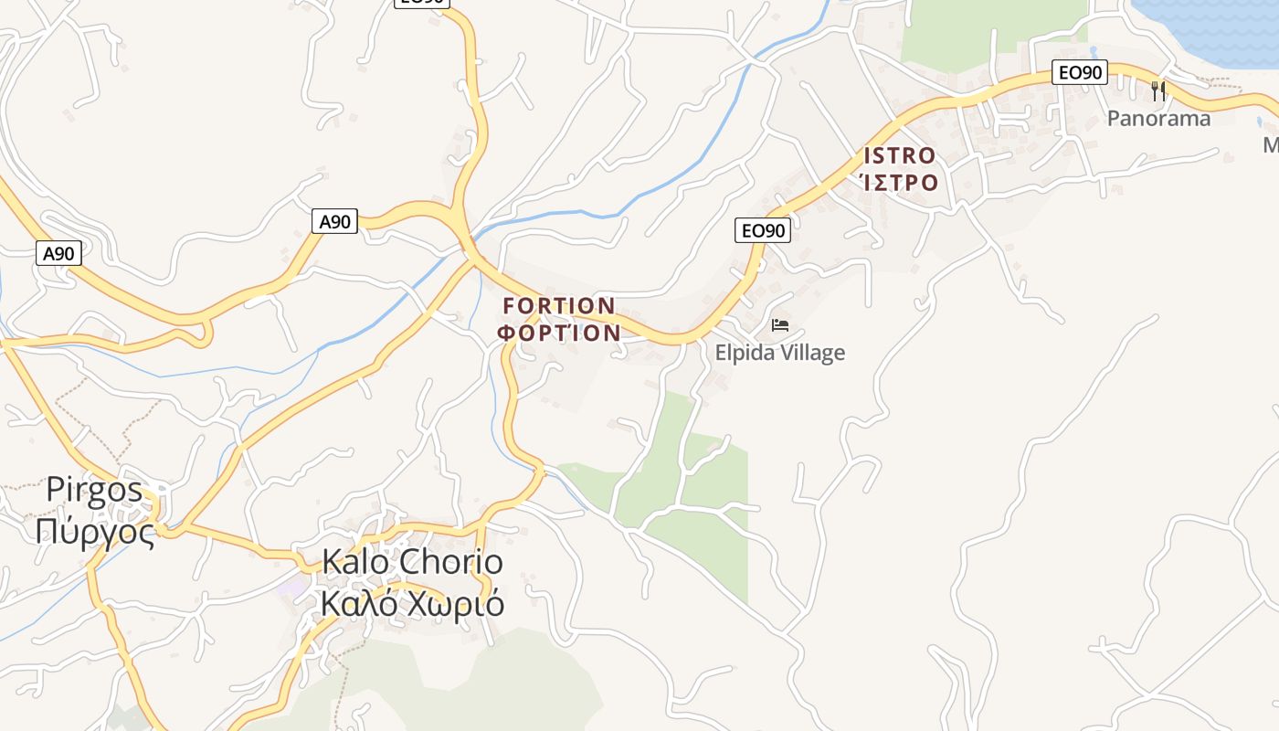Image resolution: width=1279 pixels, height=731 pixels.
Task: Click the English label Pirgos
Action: (x=95, y=491)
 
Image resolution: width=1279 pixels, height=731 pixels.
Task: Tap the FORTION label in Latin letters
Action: (x=559, y=305)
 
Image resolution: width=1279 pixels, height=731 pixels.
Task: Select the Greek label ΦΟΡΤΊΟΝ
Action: (x=559, y=333)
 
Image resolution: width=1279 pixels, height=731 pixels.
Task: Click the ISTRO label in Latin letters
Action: (x=900, y=156)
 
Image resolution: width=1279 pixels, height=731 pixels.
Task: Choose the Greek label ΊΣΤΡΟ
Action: (x=902, y=183)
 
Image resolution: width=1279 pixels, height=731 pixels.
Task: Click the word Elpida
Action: (x=745, y=353)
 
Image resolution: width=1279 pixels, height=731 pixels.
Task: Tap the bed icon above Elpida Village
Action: (x=780, y=324)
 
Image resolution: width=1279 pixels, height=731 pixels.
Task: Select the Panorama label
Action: (x=1158, y=119)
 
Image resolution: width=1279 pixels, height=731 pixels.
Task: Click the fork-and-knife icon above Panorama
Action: (x=1158, y=90)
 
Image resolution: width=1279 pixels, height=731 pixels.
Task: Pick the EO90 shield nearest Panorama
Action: (x=1080, y=72)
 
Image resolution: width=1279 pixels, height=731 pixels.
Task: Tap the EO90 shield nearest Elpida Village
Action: (x=762, y=230)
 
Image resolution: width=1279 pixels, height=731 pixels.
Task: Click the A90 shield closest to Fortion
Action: (x=334, y=221)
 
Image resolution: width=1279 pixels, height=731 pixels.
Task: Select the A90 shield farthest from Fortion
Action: (x=59, y=253)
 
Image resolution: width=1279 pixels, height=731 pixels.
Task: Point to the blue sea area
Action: (x=1206, y=27)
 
